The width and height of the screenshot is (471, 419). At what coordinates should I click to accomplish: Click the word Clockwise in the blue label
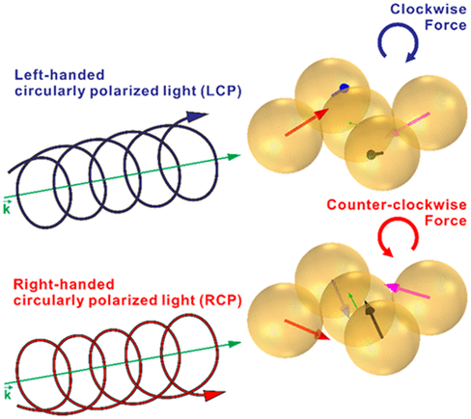pyautogui.click(x=429, y=9)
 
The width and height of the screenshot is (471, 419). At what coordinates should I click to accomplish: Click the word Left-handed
pyautogui.click(x=60, y=75)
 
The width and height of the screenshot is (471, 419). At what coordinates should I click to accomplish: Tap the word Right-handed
pyautogui.click(x=64, y=284)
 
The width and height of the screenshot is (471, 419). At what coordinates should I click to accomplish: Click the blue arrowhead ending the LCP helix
pyautogui.click(x=196, y=117)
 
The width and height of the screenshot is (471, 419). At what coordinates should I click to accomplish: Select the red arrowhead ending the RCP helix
pyautogui.click(x=213, y=395)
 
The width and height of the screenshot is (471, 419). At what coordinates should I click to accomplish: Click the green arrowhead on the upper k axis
pyautogui.click(x=234, y=157)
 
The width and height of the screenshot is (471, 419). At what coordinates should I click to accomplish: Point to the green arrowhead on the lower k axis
pyautogui.click(x=234, y=344)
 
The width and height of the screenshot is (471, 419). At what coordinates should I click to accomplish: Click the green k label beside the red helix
pyautogui.click(x=7, y=393)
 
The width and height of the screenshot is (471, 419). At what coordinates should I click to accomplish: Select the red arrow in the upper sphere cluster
pyautogui.click(x=307, y=122)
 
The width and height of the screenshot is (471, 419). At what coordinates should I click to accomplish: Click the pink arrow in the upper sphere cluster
pyautogui.click(x=407, y=125)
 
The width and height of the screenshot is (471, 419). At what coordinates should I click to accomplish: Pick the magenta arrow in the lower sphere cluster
pyautogui.click(x=407, y=291)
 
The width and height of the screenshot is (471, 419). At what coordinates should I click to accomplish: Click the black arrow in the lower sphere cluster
pyautogui.click(x=374, y=319)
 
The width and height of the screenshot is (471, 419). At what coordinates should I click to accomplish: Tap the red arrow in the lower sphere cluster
pyautogui.click(x=307, y=329)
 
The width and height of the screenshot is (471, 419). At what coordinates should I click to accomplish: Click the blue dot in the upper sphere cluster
pyautogui.click(x=345, y=87)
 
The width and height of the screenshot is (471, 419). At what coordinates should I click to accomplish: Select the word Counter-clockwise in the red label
pyautogui.click(x=397, y=204)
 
